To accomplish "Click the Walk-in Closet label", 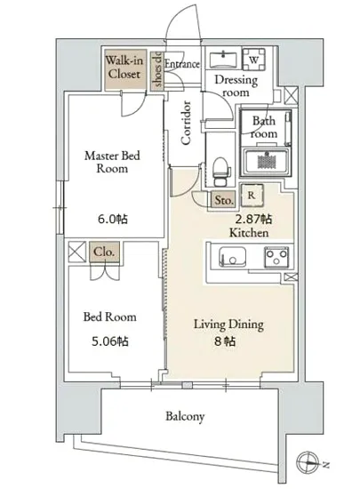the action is pos(124,67).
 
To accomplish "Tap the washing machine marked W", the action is pos(254,60).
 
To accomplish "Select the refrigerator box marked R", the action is pos(252,196).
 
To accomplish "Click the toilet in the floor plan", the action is pos(220,172).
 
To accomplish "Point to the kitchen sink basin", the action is pos(232,257).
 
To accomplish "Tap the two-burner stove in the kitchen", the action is pos(276,257).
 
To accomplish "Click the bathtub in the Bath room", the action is pos(266,163).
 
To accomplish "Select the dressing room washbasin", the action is pos(223,60).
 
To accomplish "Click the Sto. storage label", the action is pos(224,200).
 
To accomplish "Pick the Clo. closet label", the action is pos(104,252).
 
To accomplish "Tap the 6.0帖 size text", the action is pos(113,220).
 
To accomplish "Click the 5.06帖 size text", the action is pos(110,341).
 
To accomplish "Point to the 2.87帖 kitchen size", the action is pos(253,220).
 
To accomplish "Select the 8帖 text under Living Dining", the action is pos(224,341).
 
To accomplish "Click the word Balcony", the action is pos(185,416).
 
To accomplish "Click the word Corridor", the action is pos(186,123).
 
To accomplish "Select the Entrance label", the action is pos(182,64).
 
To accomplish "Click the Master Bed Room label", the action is pos(112,162).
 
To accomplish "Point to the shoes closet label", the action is pos(157,70).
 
